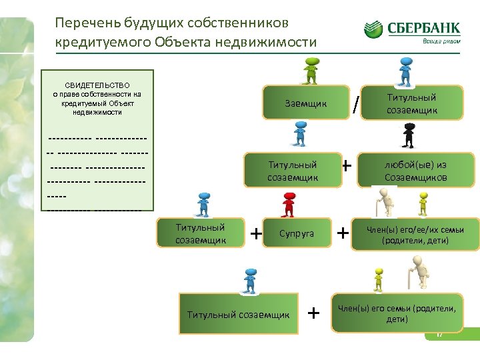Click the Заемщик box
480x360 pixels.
tap(306, 103)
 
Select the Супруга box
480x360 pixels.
tap(297, 233)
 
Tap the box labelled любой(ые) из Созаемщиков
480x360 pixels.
tap(415, 171)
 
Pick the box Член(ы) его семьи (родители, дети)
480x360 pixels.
tap(397, 313)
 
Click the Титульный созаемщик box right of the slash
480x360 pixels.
tap(411, 104)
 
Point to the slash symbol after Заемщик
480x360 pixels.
tap(357, 104)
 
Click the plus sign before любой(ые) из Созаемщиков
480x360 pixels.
tap(347, 164)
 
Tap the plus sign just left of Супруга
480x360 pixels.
tap(255, 233)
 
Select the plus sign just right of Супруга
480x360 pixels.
tap(343, 233)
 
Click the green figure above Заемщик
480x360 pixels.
tap(311, 71)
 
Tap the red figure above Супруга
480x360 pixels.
tap(289, 204)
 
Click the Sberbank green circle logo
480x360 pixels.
tap(373, 29)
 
